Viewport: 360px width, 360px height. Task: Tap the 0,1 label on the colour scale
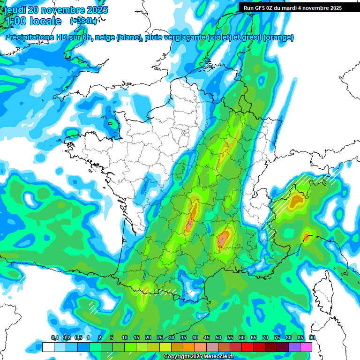[x=54, y=338]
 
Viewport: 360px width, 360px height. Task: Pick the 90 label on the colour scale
[x=312, y=338]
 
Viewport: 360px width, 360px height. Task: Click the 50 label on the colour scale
[x=218, y=338]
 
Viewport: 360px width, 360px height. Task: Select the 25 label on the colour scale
[x=160, y=338]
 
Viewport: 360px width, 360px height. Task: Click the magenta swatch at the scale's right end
[x=306, y=347]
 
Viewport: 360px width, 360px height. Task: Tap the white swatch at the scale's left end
[x=48, y=347]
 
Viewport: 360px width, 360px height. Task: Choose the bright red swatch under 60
[x=247, y=347]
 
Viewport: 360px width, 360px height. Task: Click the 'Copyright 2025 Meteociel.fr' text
[x=199, y=357]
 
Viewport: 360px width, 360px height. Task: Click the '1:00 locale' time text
[x=34, y=22]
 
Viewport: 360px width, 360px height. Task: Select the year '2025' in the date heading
[x=95, y=10]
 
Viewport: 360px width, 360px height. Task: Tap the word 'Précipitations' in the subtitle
[x=30, y=37]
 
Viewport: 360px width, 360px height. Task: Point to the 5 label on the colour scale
[x=111, y=338]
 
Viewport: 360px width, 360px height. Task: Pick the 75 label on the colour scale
[x=277, y=338]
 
